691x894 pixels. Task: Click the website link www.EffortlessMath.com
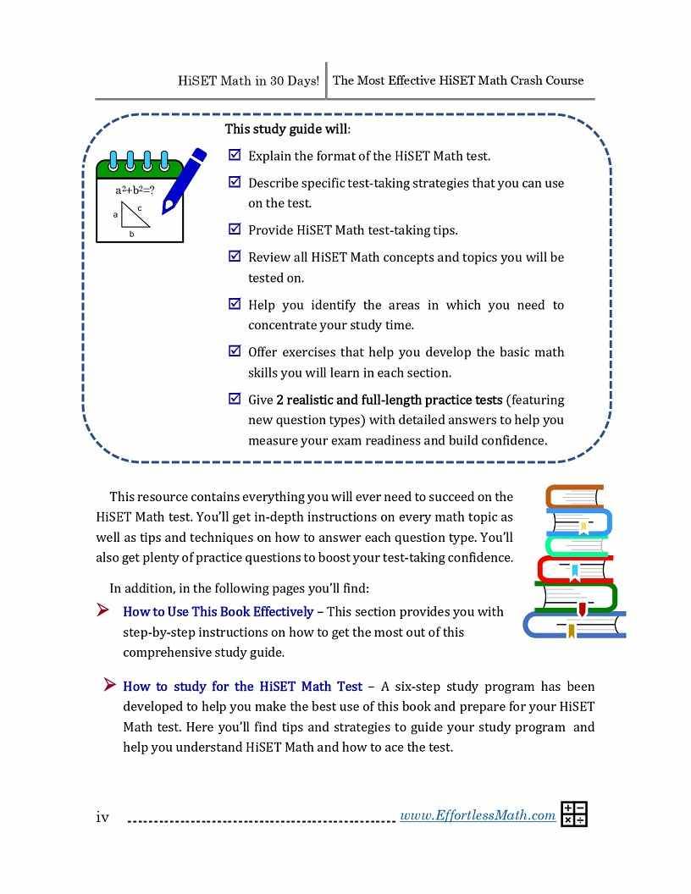[x=477, y=815]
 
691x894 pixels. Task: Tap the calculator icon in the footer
[x=574, y=814]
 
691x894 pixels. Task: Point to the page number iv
[x=102, y=817]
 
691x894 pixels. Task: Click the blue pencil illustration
[x=185, y=179]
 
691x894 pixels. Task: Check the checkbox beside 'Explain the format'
[x=235, y=155]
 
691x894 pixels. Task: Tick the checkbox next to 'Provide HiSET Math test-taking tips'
[x=235, y=229]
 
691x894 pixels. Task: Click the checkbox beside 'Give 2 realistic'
[x=235, y=398]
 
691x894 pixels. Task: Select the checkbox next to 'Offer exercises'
[x=235, y=350]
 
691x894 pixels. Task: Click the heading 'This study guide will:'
[x=287, y=130]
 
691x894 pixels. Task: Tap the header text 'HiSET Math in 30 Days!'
[x=248, y=81]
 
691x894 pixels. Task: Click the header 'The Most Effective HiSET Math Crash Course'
[x=458, y=81]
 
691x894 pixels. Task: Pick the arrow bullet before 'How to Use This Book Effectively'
[x=103, y=610]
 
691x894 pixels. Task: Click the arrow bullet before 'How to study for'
[x=109, y=684]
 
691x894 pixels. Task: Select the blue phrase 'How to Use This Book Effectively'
[x=218, y=611]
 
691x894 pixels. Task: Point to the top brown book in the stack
[x=574, y=495]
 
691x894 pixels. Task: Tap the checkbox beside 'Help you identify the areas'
[x=235, y=303]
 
